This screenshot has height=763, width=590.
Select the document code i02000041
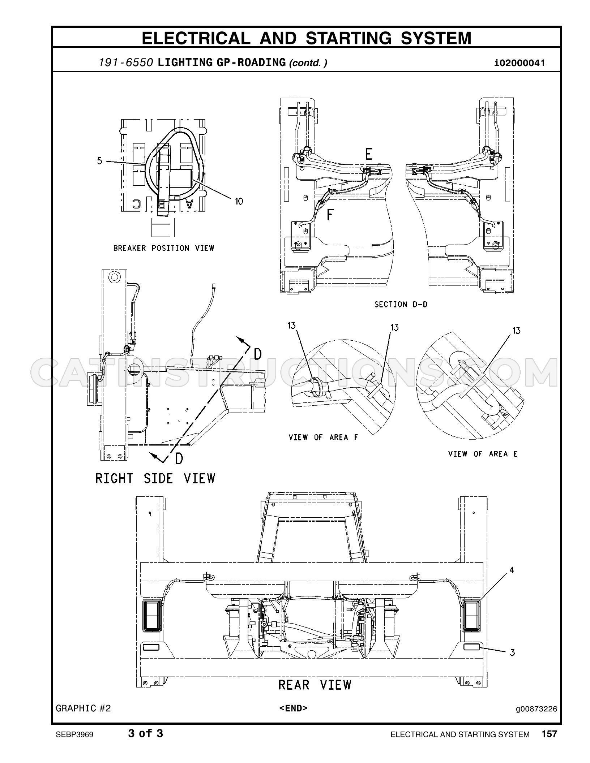tap(520, 63)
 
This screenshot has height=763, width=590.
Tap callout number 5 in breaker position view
tap(100, 161)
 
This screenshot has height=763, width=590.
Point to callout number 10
tap(239, 201)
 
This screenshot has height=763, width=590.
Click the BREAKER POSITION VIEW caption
tap(164, 248)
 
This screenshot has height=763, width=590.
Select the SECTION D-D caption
tap(401, 305)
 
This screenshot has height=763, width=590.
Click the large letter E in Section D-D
tap(368, 154)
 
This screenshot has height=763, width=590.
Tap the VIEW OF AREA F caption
tap(323, 437)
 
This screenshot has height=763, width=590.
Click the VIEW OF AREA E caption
tap(483, 454)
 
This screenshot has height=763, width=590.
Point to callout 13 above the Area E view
tap(516, 331)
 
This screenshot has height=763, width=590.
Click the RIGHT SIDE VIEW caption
tap(155, 479)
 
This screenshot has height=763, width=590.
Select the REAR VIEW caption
tap(315, 685)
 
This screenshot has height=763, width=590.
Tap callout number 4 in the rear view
tap(512, 570)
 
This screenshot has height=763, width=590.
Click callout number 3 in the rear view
tap(512, 652)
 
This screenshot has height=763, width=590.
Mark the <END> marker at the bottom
tap(293, 708)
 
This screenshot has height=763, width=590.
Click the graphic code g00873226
tap(536, 709)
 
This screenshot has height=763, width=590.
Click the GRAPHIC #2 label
tap(83, 708)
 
